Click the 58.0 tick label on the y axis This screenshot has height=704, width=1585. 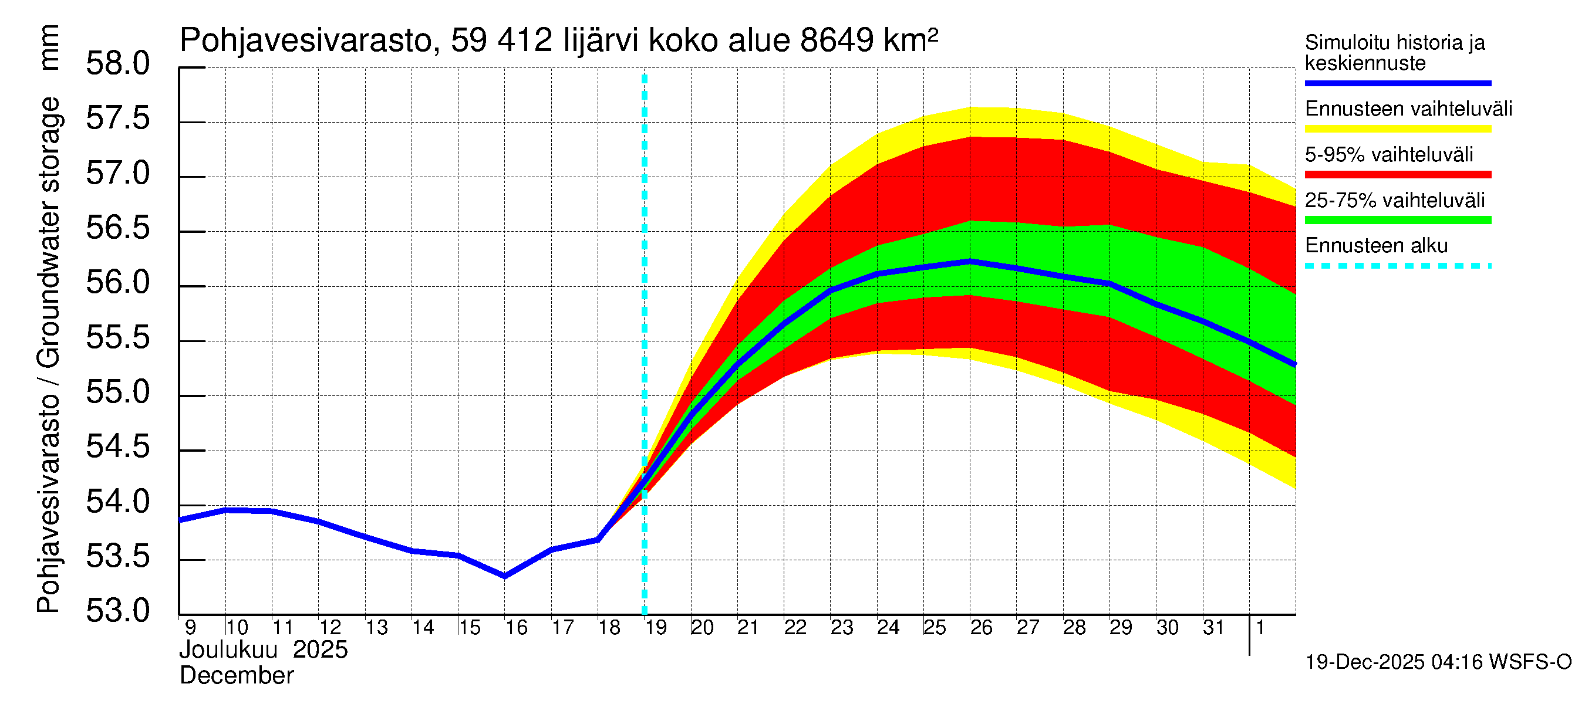pos(117,64)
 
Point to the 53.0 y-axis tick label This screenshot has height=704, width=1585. pos(117,611)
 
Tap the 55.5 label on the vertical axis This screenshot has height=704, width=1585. pos(117,337)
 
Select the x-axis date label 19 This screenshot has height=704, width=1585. pos(656,627)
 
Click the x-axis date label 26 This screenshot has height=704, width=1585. pos(981,627)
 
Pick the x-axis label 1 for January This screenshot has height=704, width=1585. pos(1260,627)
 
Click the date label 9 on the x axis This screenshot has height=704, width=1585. pos(190,627)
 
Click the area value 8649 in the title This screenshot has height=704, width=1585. pos(837,41)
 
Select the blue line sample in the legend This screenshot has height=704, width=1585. pos(1397,83)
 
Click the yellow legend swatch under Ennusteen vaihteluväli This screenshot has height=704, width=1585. pos(1397,128)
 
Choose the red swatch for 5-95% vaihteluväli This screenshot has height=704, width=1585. pos(1397,175)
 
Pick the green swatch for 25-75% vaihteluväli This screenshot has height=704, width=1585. pos(1397,220)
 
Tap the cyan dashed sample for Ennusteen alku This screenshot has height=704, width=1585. pos(1397,266)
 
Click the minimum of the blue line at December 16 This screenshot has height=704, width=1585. pos(504,576)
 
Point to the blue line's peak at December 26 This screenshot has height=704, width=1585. pos(971,261)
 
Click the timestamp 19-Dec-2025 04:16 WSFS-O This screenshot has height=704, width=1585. pos(1438,662)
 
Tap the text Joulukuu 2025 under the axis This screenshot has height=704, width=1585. pos(264,650)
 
